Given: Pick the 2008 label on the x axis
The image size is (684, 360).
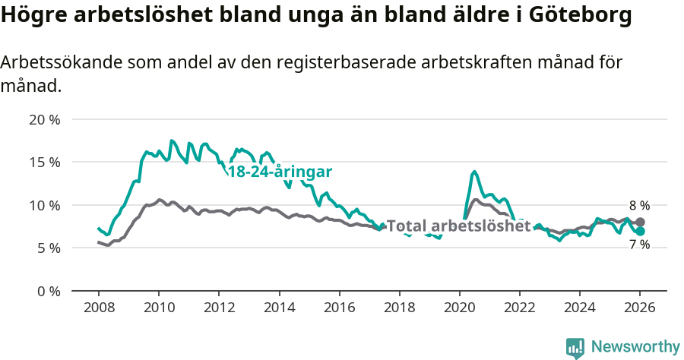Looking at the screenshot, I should pos(99,308).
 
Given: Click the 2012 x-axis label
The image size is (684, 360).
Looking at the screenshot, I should pos(219,308).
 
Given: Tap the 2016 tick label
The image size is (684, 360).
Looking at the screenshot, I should pos(340,308).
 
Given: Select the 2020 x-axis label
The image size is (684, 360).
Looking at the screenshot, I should pos(459,308).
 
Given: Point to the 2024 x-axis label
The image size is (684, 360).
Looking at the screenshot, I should pos(580,308).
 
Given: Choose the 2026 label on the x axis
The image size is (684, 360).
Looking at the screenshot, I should pos(640,308).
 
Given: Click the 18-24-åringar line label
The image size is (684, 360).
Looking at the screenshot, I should pos(280,171).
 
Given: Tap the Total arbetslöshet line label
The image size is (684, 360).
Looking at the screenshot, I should pos(458,226).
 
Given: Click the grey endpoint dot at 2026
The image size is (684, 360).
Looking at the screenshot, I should pos(640,222).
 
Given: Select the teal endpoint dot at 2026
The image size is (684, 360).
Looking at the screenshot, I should pos(640,231).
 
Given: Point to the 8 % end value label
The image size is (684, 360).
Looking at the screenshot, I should pos(639,205).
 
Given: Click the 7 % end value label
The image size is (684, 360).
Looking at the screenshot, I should pos(639,245).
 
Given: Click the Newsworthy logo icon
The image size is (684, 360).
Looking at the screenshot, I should pos(575,348).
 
